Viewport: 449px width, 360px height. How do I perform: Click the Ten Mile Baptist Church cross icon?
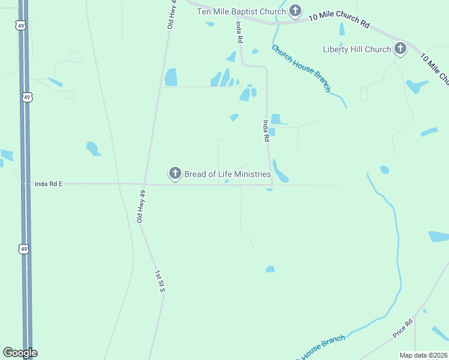(x=295, y=10)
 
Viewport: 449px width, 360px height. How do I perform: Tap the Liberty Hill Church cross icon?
(x=401, y=49)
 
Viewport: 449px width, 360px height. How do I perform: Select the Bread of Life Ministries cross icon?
(x=175, y=174)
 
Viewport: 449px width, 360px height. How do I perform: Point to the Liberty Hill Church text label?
(x=357, y=49)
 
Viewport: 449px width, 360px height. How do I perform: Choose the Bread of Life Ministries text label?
(x=227, y=174)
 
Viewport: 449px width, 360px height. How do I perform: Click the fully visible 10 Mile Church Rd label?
(x=340, y=19)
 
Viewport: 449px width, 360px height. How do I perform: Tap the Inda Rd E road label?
(x=49, y=184)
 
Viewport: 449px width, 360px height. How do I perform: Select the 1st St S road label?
(x=160, y=281)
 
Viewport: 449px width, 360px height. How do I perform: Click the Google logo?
(x=20, y=353)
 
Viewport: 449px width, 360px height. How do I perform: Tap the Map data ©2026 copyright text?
(x=423, y=355)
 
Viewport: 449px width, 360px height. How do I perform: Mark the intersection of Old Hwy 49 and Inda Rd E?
(x=145, y=184)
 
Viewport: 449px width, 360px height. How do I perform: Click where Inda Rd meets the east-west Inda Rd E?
(x=271, y=185)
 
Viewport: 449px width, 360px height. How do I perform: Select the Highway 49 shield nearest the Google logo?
(x=23, y=248)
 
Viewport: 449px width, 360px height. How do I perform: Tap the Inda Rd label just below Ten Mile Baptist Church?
(x=240, y=32)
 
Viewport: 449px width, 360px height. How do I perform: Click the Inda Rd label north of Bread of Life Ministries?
(x=265, y=130)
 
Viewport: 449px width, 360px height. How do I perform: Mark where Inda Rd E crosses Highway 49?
(x=25, y=184)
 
